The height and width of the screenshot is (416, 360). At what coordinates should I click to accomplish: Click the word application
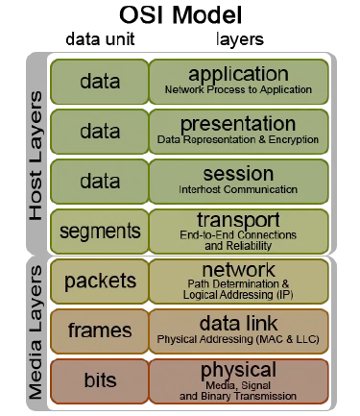coord(238,74)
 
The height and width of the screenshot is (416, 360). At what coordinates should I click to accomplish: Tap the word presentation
coord(238,124)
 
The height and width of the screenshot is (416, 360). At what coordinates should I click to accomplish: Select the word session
coord(238,174)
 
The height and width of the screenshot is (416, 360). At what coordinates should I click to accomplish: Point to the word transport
coord(238,220)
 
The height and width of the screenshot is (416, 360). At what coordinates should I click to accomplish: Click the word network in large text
coord(238,269)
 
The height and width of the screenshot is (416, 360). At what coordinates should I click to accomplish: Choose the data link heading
coord(238,324)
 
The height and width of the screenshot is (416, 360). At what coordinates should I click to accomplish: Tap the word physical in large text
coord(238,370)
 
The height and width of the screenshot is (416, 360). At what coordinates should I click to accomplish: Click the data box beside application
coord(100,82)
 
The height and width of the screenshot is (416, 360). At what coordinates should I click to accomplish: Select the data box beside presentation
coord(100,132)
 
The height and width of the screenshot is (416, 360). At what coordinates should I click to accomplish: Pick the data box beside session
coord(100,182)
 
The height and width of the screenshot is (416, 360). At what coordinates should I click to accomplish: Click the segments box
coord(100,232)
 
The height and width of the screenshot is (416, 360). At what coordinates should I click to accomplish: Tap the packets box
coord(100,281)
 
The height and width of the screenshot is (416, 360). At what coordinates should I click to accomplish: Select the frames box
coord(100,330)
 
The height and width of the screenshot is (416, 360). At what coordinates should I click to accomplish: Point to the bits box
coord(100,380)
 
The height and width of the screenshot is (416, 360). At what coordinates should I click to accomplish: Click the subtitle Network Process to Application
coord(238,90)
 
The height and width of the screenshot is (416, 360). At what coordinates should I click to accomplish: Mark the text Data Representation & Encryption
coord(238,140)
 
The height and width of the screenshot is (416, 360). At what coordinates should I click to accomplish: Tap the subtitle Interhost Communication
coord(238,190)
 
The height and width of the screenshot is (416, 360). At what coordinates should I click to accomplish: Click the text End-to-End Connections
coord(238,234)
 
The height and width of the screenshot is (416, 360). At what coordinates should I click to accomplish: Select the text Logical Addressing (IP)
coord(238,296)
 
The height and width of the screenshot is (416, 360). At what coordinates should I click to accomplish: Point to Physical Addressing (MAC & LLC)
coord(238,339)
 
